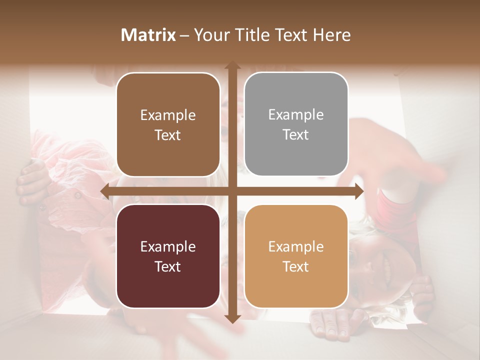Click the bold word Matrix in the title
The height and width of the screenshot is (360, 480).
148,35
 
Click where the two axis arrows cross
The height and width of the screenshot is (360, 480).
232,191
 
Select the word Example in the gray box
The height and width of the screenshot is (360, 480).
295,115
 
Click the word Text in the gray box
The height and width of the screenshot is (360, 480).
295,135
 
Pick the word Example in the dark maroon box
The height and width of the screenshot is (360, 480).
167,247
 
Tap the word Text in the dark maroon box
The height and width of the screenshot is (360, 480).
167,267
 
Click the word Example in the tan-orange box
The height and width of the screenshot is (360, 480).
295,247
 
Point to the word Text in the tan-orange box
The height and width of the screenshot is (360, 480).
295,267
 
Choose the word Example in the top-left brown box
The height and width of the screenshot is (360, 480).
167,115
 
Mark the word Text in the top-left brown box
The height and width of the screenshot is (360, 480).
167,135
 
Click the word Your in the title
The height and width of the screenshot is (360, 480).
209,35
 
